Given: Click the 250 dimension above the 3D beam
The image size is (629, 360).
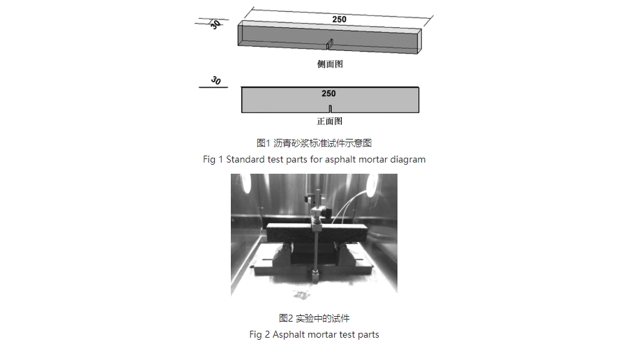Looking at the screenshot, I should (x=339, y=19).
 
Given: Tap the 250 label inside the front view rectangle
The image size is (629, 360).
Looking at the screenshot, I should (x=328, y=93).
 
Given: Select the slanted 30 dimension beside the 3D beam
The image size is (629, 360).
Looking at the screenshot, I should (x=215, y=24).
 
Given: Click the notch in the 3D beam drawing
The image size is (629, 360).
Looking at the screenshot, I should (x=331, y=45).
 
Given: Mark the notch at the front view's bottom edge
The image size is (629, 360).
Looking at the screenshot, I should (x=330, y=108).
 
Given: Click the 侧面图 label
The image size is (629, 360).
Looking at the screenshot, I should (x=330, y=64).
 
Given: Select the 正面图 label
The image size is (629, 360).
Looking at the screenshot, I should (x=330, y=121).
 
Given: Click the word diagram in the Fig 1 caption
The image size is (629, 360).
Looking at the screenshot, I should (x=407, y=159).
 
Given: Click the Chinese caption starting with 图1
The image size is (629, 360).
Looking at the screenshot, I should (x=314, y=143).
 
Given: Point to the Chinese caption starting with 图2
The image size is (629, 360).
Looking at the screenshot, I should (x=314, y=318).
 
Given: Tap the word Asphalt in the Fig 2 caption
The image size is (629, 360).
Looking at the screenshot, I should (x=289, y=335).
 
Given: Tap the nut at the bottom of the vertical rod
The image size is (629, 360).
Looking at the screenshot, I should (x=315, y=278).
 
